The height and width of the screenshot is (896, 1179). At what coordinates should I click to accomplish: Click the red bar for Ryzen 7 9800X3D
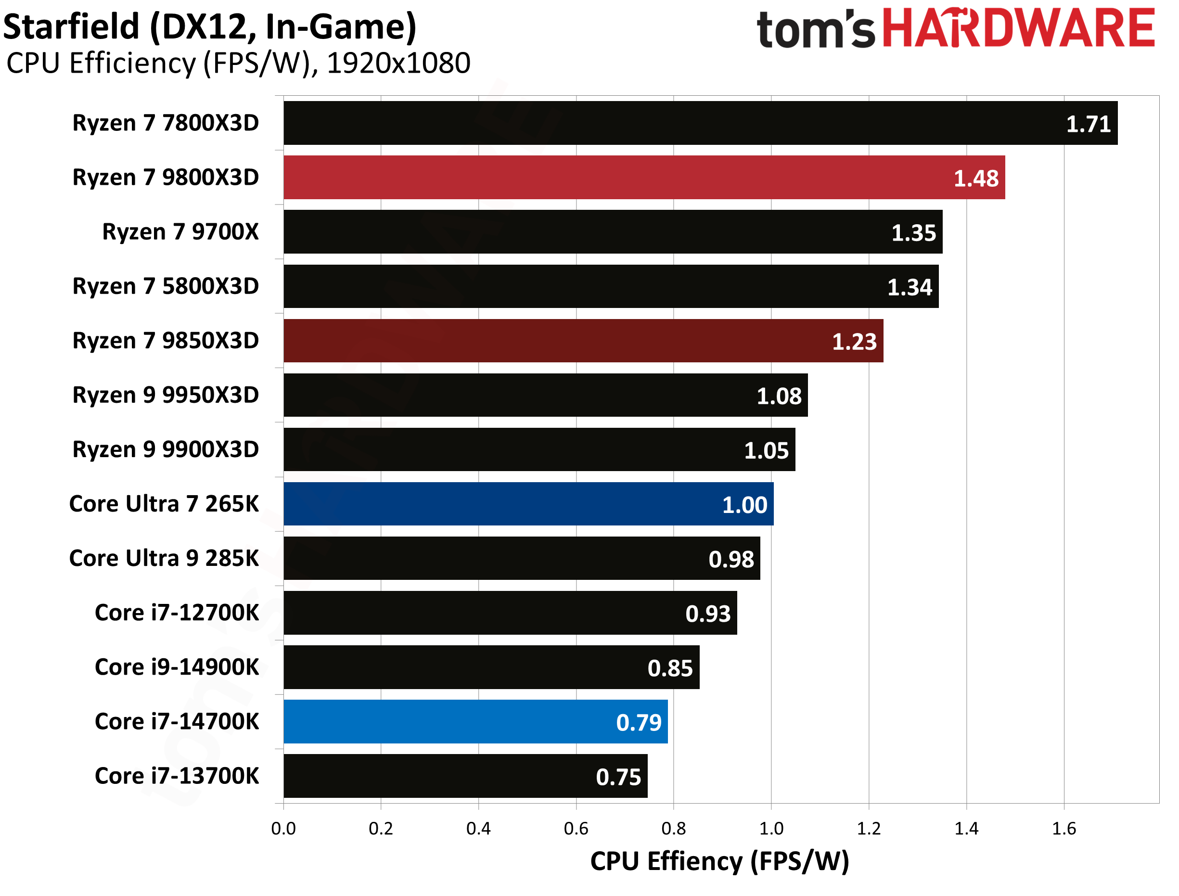pyautogui.click(x=613, y=178)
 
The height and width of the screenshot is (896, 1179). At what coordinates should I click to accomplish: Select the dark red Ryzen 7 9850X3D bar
pyautogui.click(x=560, y=341)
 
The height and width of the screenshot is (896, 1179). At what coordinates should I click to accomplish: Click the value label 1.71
pyautogui.click(x=1088, y=124)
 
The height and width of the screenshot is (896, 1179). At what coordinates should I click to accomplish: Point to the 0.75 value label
pyautogui.click(x=618, y=777)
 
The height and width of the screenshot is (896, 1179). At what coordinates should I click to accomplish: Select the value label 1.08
pyautogui.click(x=779, y=396)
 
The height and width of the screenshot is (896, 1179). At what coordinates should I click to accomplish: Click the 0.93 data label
pyautogui.click(x=707, y=614)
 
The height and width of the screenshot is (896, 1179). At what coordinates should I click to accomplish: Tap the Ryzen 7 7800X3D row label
pyautogui.click(x=166, y=123)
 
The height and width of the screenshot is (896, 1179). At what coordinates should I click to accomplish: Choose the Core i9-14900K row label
pyautogui.click(x=177, y=667)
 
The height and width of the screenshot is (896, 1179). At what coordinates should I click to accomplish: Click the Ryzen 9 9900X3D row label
pyautogui.click(x=166, y=449)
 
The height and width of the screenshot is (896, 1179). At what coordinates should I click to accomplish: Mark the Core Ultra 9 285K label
pyautogui.click(x=164, y=558)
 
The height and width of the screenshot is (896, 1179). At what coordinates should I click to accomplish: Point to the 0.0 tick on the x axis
pyautogui.click(x=283, y=828)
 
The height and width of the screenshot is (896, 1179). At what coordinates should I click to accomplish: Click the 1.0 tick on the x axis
pyautogui.click(x=771, y=828)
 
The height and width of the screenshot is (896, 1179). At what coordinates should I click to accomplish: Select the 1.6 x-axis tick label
pyautogui.click(x=1064, y=828)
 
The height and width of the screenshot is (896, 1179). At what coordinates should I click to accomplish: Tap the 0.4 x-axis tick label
pyautogui.click(x=478, y=828)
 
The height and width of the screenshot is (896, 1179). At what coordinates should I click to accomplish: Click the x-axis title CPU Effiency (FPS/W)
pyautogui.click(x=719, y=861)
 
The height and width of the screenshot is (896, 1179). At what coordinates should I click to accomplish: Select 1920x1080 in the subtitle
pyautogui.click(x=398, y=64)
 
